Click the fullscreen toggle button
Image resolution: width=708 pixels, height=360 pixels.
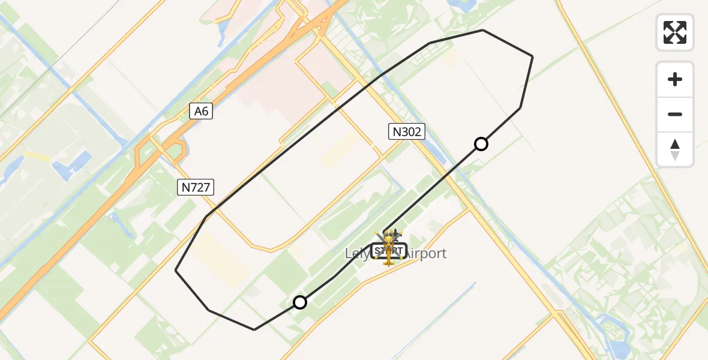click(675, 32)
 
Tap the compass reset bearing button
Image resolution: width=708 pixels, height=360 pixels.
click(675, 149)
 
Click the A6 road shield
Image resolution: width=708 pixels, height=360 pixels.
click(202, 111)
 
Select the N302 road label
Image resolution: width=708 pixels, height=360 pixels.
click(406, 131)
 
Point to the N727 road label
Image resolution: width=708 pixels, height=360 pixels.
click(196, 187)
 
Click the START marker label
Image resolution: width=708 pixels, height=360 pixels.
click(389, 250)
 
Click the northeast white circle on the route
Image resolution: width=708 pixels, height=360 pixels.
click(481, 144)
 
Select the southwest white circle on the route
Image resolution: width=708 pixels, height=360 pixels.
click(300, 302)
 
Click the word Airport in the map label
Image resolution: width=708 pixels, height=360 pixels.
click(426, 253)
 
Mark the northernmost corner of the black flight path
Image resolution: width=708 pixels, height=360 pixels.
click(483, 30)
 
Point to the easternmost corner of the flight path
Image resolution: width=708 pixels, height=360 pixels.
click(533, 56)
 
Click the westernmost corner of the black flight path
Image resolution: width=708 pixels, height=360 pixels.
click(175, 270)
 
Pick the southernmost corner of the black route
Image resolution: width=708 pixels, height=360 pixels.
click(254, 329)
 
